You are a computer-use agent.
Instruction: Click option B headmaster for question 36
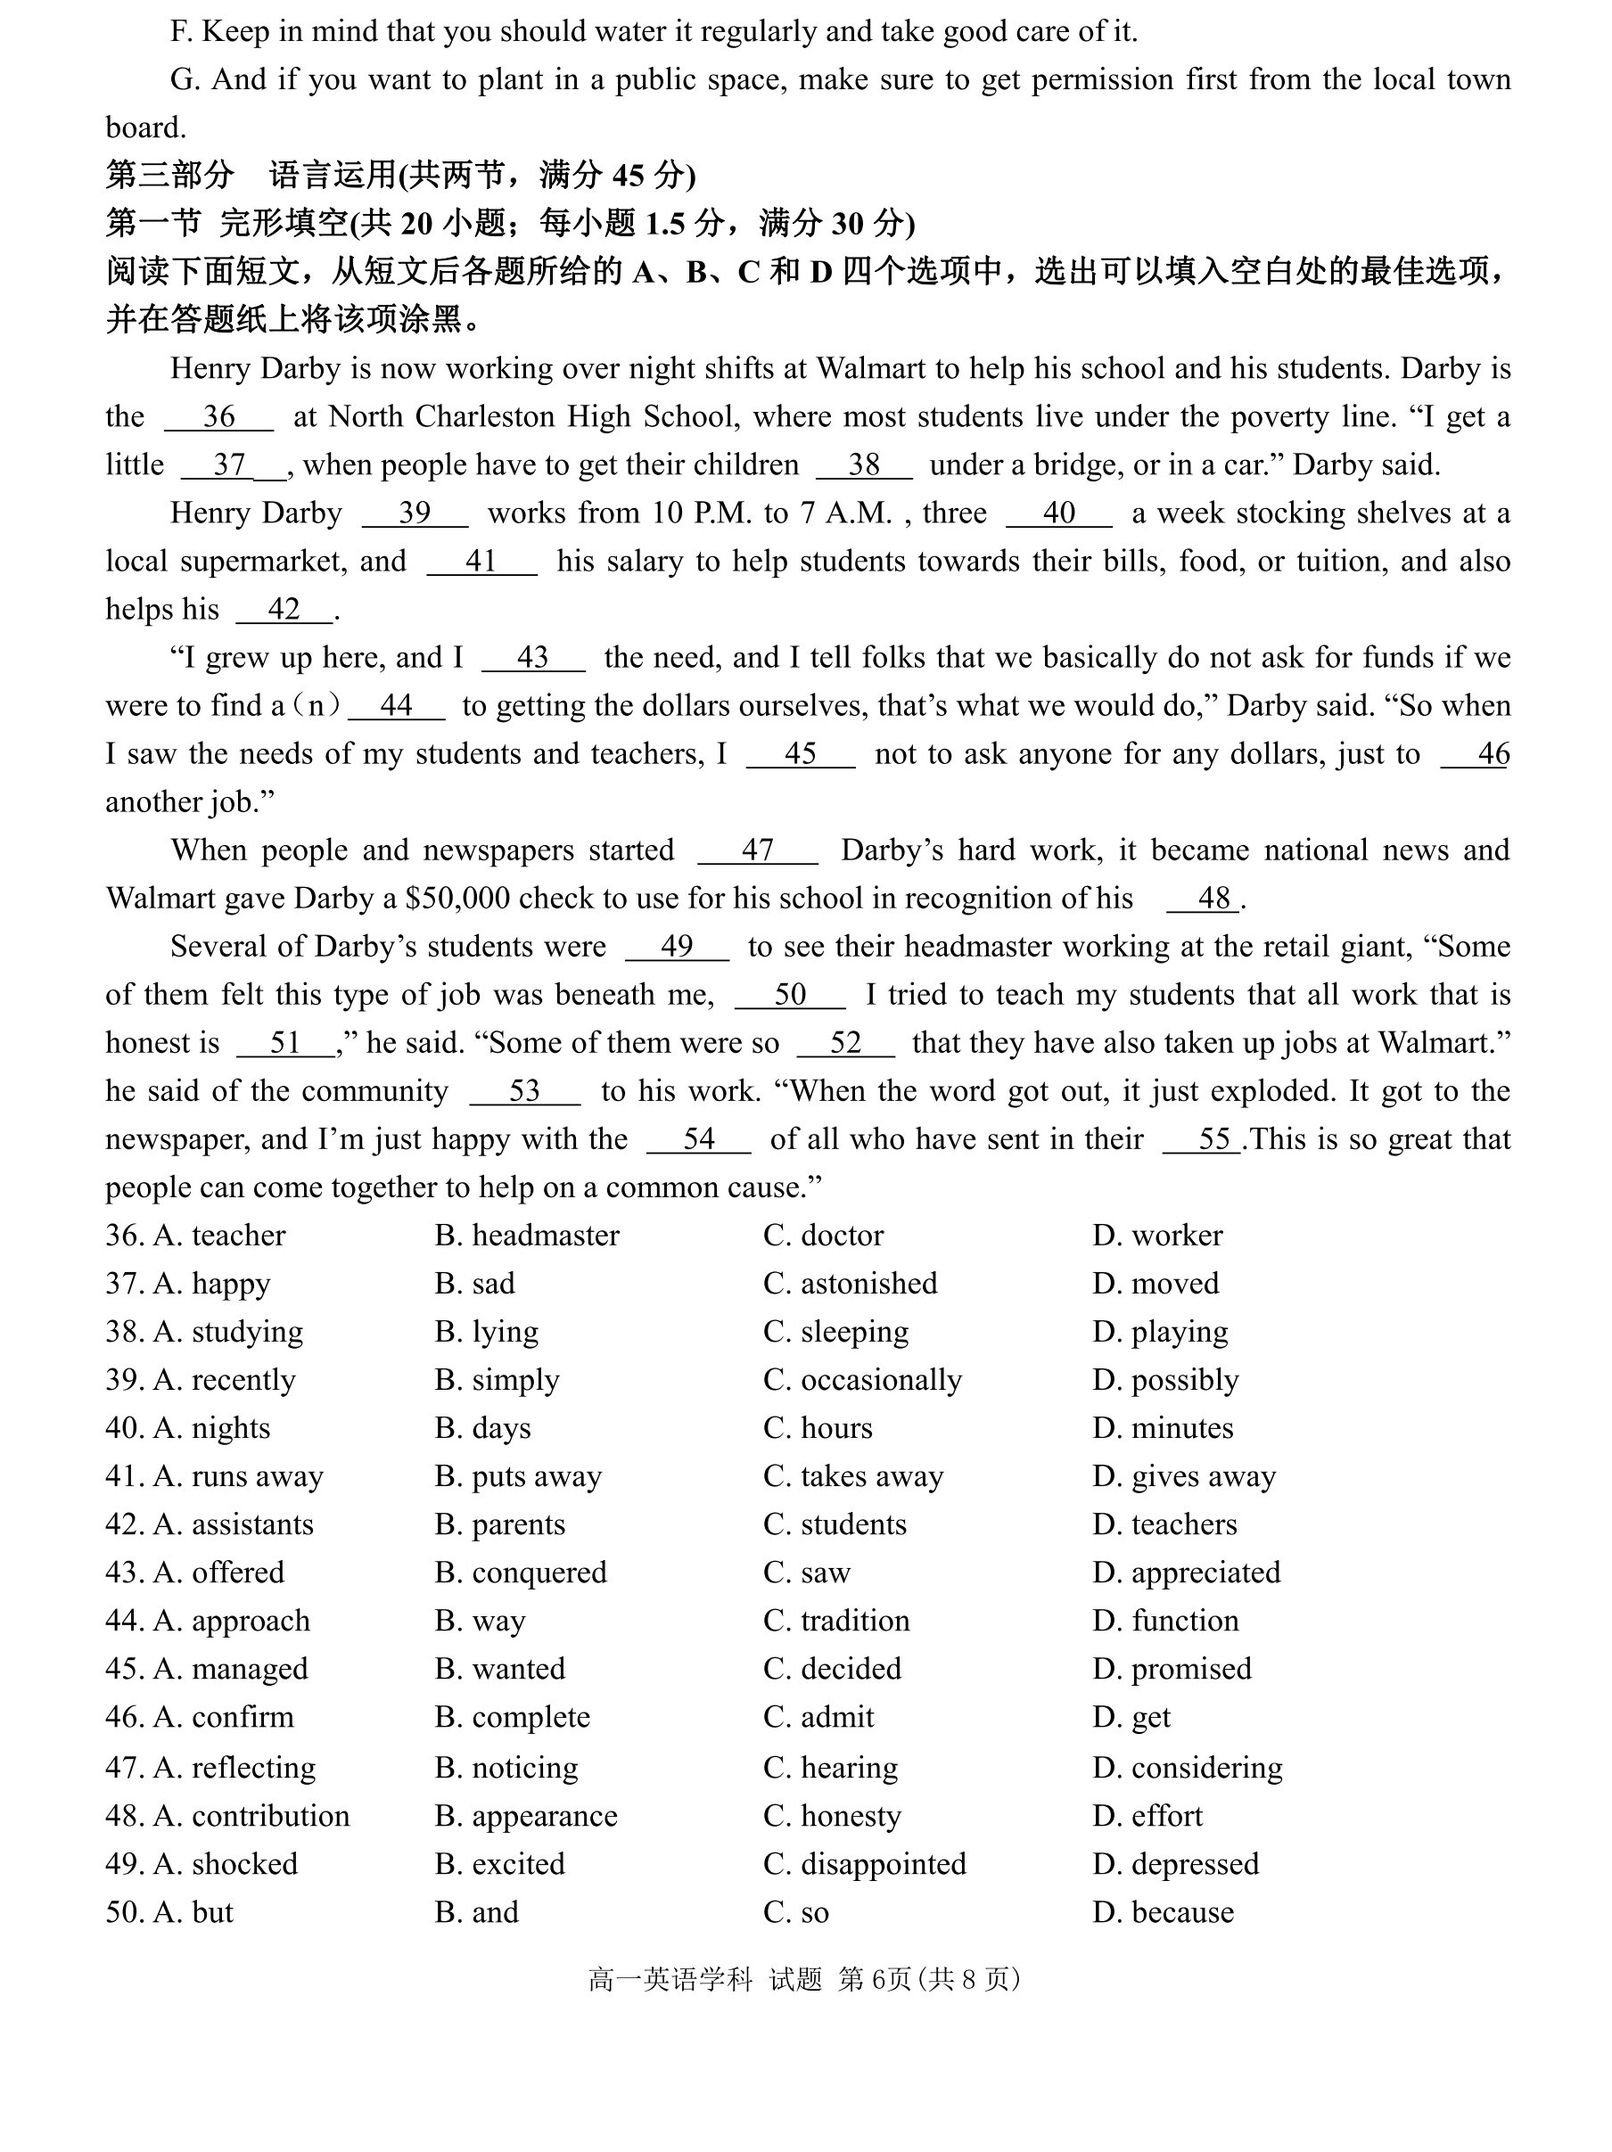[526, 1236]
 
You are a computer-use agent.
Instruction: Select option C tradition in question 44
[836, 1621]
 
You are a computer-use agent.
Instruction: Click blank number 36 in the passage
[219, 417]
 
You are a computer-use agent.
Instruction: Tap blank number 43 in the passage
[533, 659]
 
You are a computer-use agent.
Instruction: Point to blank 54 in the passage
[698, 1139]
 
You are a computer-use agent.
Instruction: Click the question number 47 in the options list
[125, 1768]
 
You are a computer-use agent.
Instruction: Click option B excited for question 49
[499, 1864]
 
